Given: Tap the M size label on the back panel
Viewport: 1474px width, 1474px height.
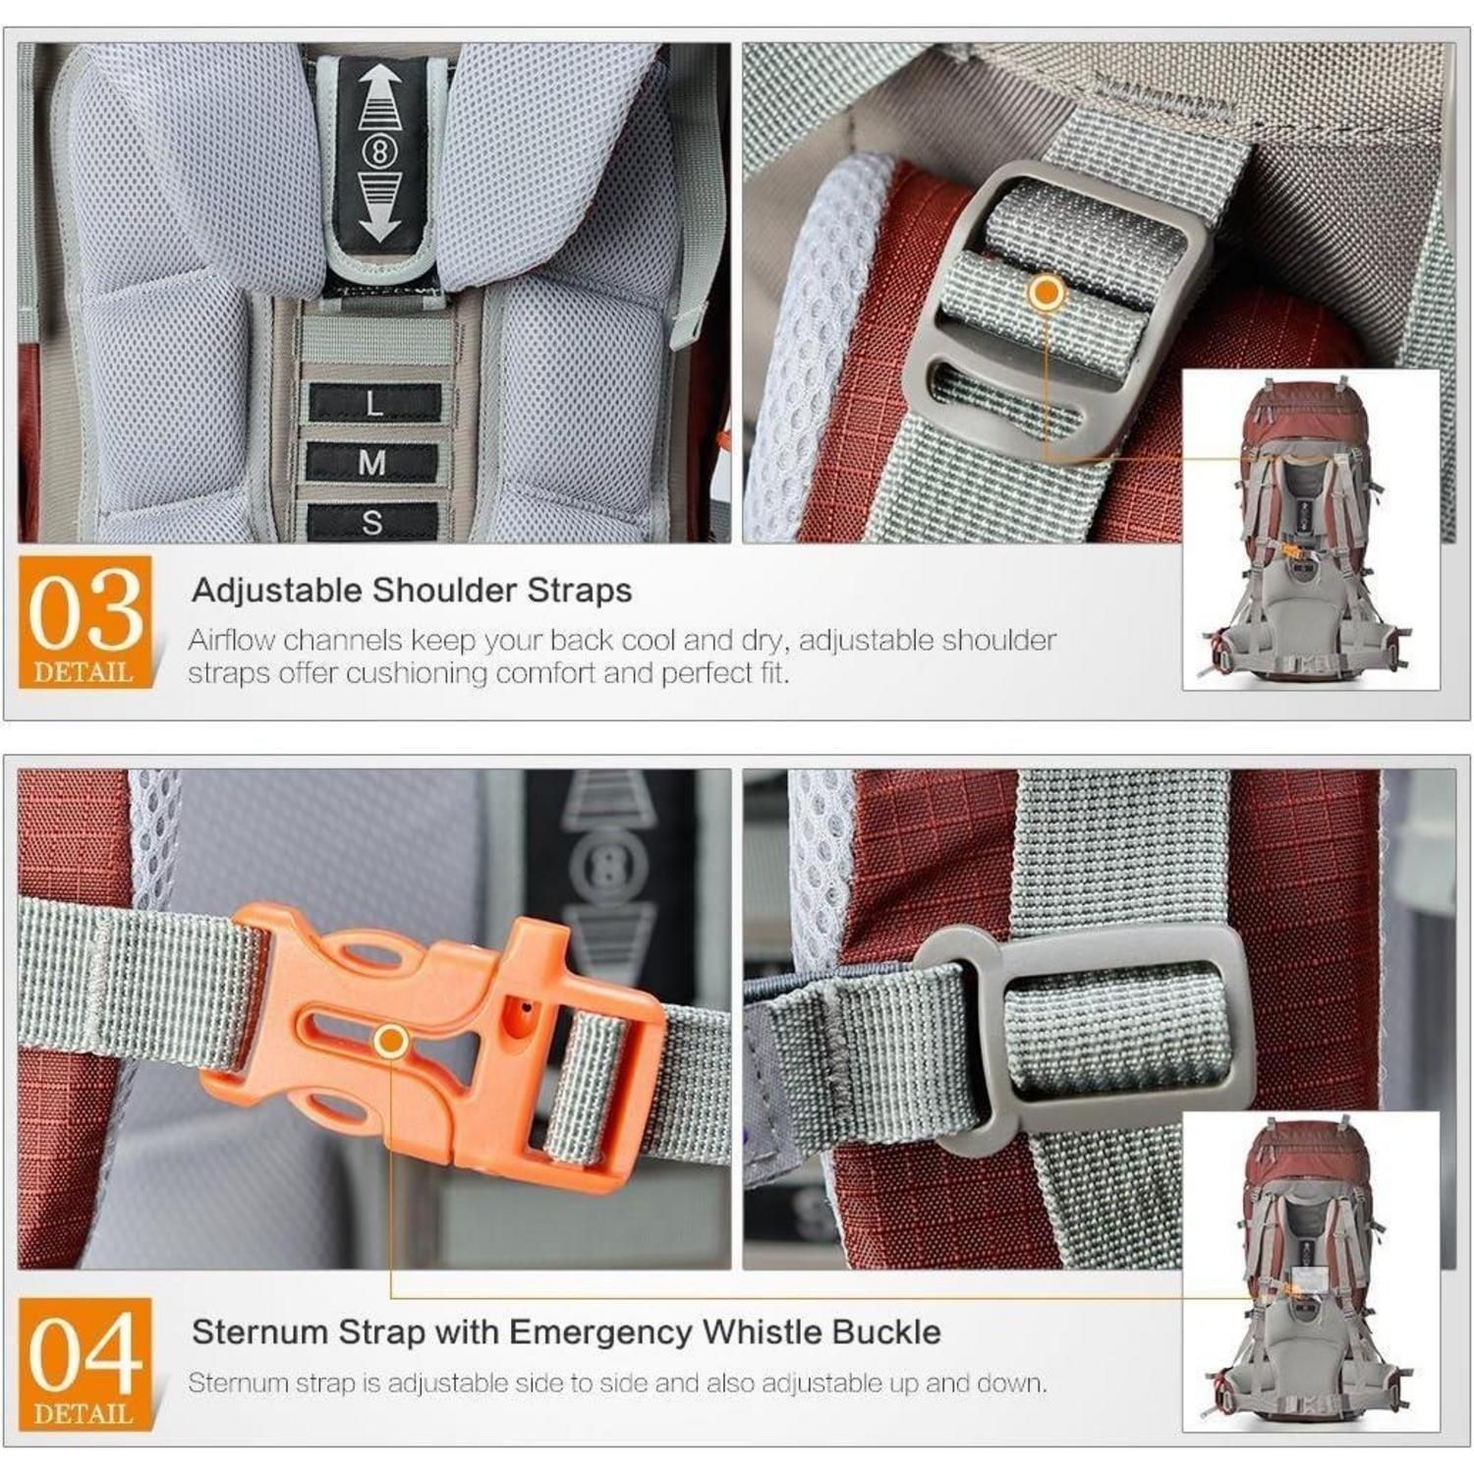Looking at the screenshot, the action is [372, 461].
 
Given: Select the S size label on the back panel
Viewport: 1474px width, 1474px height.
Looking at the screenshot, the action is [371, 521].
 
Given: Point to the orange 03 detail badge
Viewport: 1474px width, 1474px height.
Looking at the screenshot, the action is [85, 621].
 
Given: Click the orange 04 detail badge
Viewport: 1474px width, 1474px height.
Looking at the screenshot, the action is [85, 1363].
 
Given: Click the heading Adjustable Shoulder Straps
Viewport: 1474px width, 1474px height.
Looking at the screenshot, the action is [412, 591].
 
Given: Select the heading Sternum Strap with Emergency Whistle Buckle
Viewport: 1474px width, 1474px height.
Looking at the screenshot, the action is [566, 1332].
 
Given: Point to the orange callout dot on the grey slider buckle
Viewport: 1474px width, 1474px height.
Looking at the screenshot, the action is [1048, 292].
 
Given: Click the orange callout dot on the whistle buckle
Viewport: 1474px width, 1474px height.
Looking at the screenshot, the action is [391, 1041].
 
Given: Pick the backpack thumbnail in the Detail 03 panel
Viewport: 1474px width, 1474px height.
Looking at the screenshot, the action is [1310, 530].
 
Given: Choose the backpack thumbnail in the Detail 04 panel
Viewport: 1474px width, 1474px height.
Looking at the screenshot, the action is [1310, 1272].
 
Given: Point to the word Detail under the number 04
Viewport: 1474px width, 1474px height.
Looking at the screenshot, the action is [84, 1414].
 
